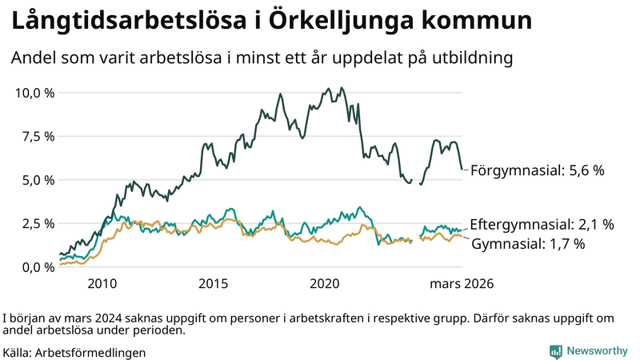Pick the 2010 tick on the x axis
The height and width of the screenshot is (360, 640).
tap(102, 283)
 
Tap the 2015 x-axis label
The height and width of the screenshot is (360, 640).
tap(214, 283)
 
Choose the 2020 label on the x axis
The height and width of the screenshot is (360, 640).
tap(325, 283)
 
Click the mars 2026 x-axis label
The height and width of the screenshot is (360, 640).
tap(462, 283)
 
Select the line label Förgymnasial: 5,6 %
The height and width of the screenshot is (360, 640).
tap(537, 170)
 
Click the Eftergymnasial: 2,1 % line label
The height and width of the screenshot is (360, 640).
tap(542, 224)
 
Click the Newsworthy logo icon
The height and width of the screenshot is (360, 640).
tap(555, 350)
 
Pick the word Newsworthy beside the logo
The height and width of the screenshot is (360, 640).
tap(597, 350)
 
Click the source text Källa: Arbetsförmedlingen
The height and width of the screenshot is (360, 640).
tap(74, 352)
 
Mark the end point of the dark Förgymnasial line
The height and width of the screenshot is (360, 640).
tap(462, 169)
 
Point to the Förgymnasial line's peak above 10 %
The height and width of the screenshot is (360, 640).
tap(342, 88)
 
